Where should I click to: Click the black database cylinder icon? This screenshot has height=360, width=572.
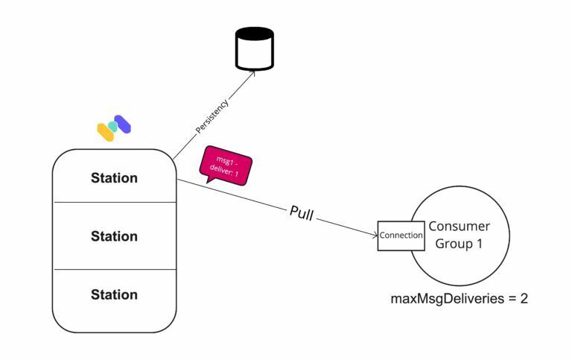tap(254, 48)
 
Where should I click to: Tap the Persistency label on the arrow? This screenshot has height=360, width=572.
tap(212, 116)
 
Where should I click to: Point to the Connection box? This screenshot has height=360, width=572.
tap(401, 235)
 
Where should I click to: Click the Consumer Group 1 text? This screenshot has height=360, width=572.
tap(459, 235)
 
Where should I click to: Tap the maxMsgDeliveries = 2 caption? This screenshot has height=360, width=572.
tap(460, 299)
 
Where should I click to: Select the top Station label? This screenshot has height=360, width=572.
tap(114, 178)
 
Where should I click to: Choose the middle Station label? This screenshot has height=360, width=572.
tap(114, 236)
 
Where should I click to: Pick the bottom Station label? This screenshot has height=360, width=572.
tap(114, 294)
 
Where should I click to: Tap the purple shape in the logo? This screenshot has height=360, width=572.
tap(123, 124)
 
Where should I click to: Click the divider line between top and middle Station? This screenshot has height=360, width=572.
tap(114, 202)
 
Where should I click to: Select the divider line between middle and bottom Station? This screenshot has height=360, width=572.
tap(114, 269)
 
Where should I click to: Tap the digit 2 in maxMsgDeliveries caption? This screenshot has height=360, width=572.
tap(524, 299)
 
